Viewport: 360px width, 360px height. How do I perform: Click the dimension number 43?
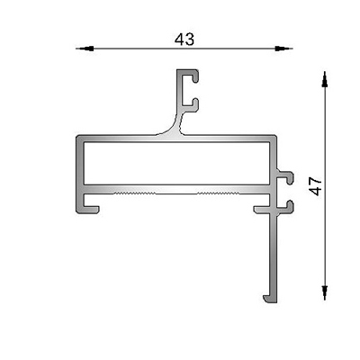point(184,40)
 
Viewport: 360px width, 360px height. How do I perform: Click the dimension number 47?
point(315,186)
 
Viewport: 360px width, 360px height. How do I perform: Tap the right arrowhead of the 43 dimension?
point(282,49)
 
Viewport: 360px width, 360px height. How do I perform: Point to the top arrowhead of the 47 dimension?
point(324,80)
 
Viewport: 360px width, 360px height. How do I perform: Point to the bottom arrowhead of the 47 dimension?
point(324,292)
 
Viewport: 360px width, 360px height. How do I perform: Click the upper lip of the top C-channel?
point(192,74)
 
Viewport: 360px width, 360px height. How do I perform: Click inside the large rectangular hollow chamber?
point(176,163)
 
